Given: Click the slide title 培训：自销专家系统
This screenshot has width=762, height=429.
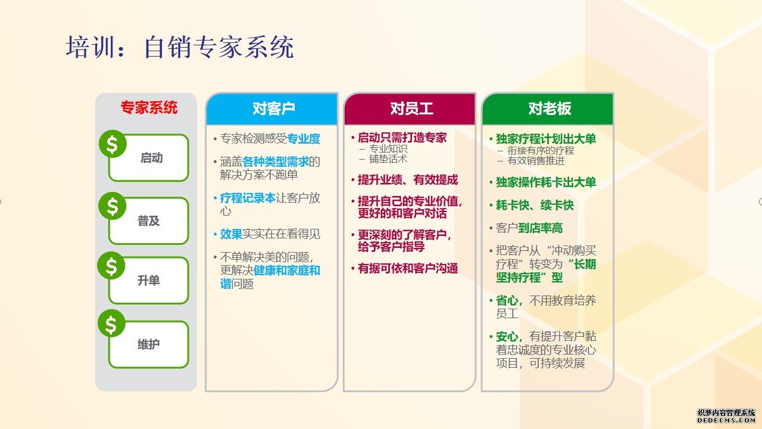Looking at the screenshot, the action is (180, 47).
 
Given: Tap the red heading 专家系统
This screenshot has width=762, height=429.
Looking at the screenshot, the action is (149, 107).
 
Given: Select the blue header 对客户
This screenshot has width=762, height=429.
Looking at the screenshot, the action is (273, 108).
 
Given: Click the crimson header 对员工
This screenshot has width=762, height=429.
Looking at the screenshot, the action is (411, 108).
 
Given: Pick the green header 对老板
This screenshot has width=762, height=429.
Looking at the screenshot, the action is (549, 108).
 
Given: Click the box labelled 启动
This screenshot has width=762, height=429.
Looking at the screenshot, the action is (149, 158).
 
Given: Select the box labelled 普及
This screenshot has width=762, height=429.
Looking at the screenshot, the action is (149, 220).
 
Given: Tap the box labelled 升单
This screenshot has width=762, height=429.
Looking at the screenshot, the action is (149, 280).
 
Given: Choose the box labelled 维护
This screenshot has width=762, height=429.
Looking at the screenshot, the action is (149, 344).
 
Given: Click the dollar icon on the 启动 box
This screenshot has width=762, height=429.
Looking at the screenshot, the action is (113, 144).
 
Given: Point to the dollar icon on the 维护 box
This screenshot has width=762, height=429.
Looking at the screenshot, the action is (111, 324).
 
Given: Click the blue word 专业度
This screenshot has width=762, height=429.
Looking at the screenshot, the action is (304, 139).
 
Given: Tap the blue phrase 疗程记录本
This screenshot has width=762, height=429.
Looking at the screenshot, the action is (248, 198).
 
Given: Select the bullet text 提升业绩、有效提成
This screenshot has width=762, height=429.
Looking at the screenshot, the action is (408, 180).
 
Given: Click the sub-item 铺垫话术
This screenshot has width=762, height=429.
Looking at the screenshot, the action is (388, 159).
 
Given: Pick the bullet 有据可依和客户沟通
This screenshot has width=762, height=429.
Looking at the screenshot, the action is (408, 268).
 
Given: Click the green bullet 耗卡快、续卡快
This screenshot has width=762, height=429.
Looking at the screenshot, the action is (535, 205).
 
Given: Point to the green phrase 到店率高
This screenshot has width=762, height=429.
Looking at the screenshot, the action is (540, 228).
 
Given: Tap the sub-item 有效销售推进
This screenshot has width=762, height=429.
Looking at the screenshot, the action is (536, 160).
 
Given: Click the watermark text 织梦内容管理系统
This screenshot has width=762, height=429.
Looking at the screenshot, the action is (726, 413).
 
